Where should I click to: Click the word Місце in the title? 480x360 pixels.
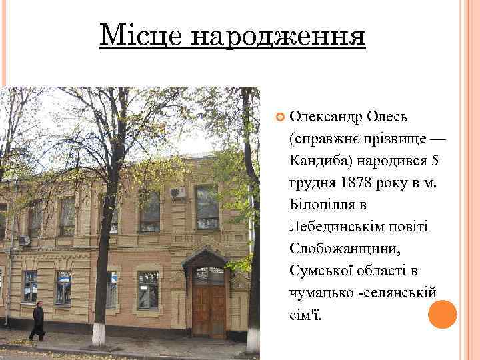pos(139,35)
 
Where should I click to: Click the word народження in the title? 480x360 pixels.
pos(279,36)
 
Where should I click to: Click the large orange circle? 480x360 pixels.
pos(442,315)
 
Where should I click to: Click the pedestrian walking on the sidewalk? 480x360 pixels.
pos(38,321)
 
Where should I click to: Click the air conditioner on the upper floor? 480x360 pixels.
pos(178,193)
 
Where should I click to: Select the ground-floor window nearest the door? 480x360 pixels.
pos(148,289)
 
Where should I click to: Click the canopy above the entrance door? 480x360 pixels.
pos(207,258)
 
